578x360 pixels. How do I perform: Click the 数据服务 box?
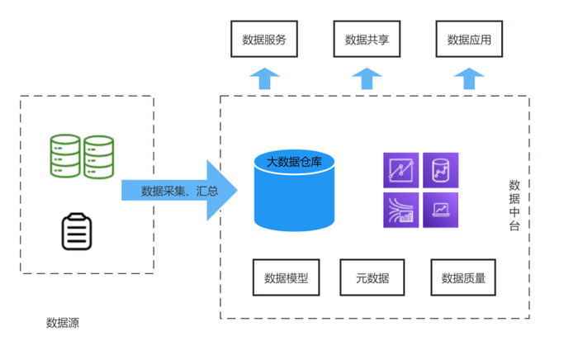[x=263, y=39]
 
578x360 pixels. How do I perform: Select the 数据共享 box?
[x=367, y=39]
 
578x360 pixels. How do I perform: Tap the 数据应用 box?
[x=469, y=39]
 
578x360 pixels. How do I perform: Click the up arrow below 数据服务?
[x=264, y=78]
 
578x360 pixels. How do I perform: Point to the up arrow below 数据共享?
[x=367, y=78]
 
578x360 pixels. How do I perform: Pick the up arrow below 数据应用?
[x=469, y=78]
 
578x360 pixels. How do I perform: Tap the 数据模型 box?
[x=286, y=277]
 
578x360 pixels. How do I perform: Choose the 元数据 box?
[x=372, y=277]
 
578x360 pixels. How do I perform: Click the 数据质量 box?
[x=463, y=277]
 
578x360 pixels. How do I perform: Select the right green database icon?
[x=97, y=155]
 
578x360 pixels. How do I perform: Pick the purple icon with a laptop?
[x=440, y=210]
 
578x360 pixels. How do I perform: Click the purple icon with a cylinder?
[x=440, y=171]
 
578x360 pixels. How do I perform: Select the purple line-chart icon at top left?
[x=401, y=171]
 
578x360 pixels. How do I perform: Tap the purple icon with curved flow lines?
[x=401, y=210]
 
